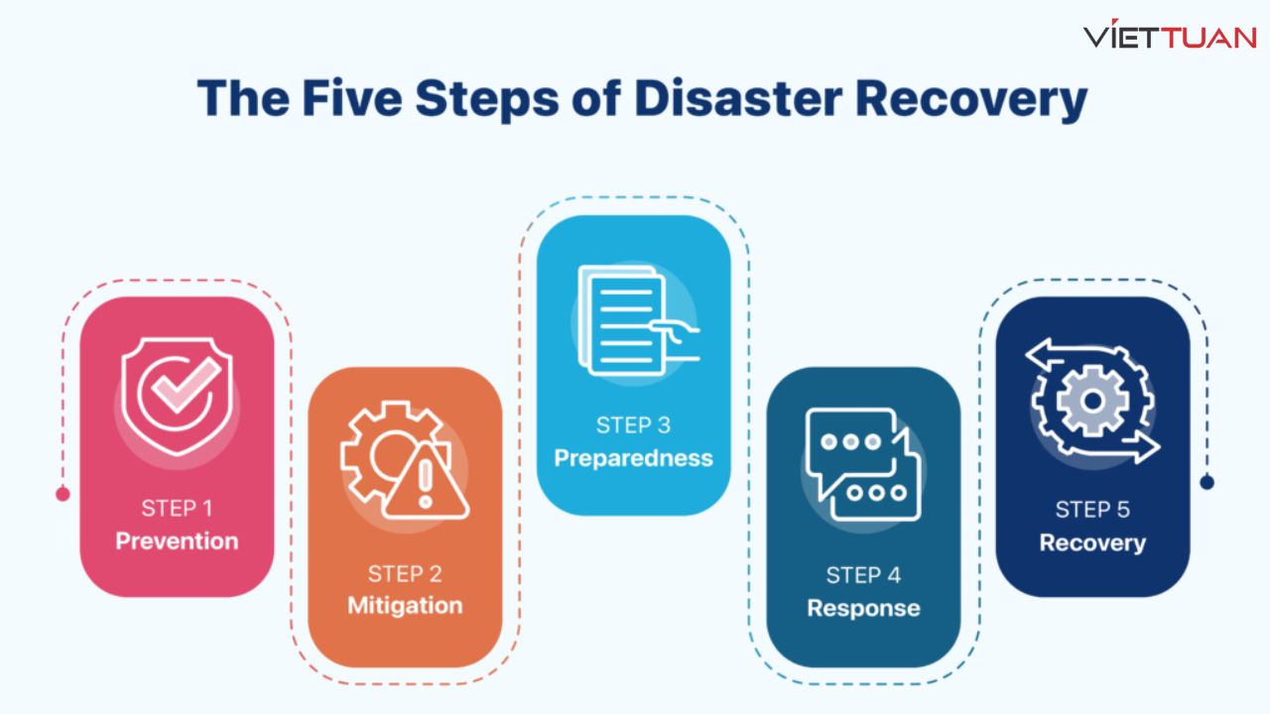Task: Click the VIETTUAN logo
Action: [1170, 37]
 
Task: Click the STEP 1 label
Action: [177, 509]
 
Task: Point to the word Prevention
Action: [177, 541]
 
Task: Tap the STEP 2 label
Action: [405, 573]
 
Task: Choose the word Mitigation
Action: [405, 605]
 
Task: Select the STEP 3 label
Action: [633, 425]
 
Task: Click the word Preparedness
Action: [633, 458]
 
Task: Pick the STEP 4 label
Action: [863, 575]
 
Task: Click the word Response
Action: [863, 608]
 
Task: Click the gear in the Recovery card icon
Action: [1091, 401]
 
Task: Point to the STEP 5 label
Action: [1092, 510]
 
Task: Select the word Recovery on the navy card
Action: [1092, 542]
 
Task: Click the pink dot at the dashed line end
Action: [63, 493]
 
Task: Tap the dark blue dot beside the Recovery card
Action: [1206, 482]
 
